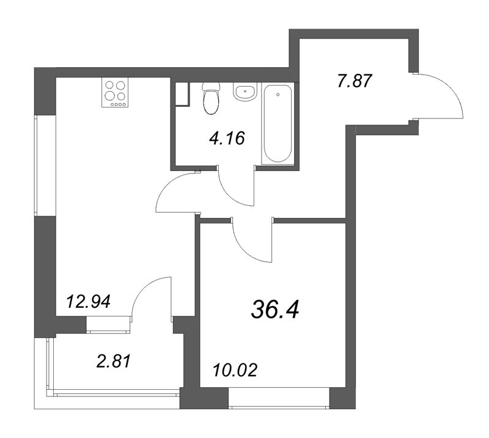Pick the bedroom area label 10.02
click(235, 370)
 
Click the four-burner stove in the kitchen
click(116, 93)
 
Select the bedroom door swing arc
click(251, 241)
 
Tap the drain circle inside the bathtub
click(278, 95)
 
